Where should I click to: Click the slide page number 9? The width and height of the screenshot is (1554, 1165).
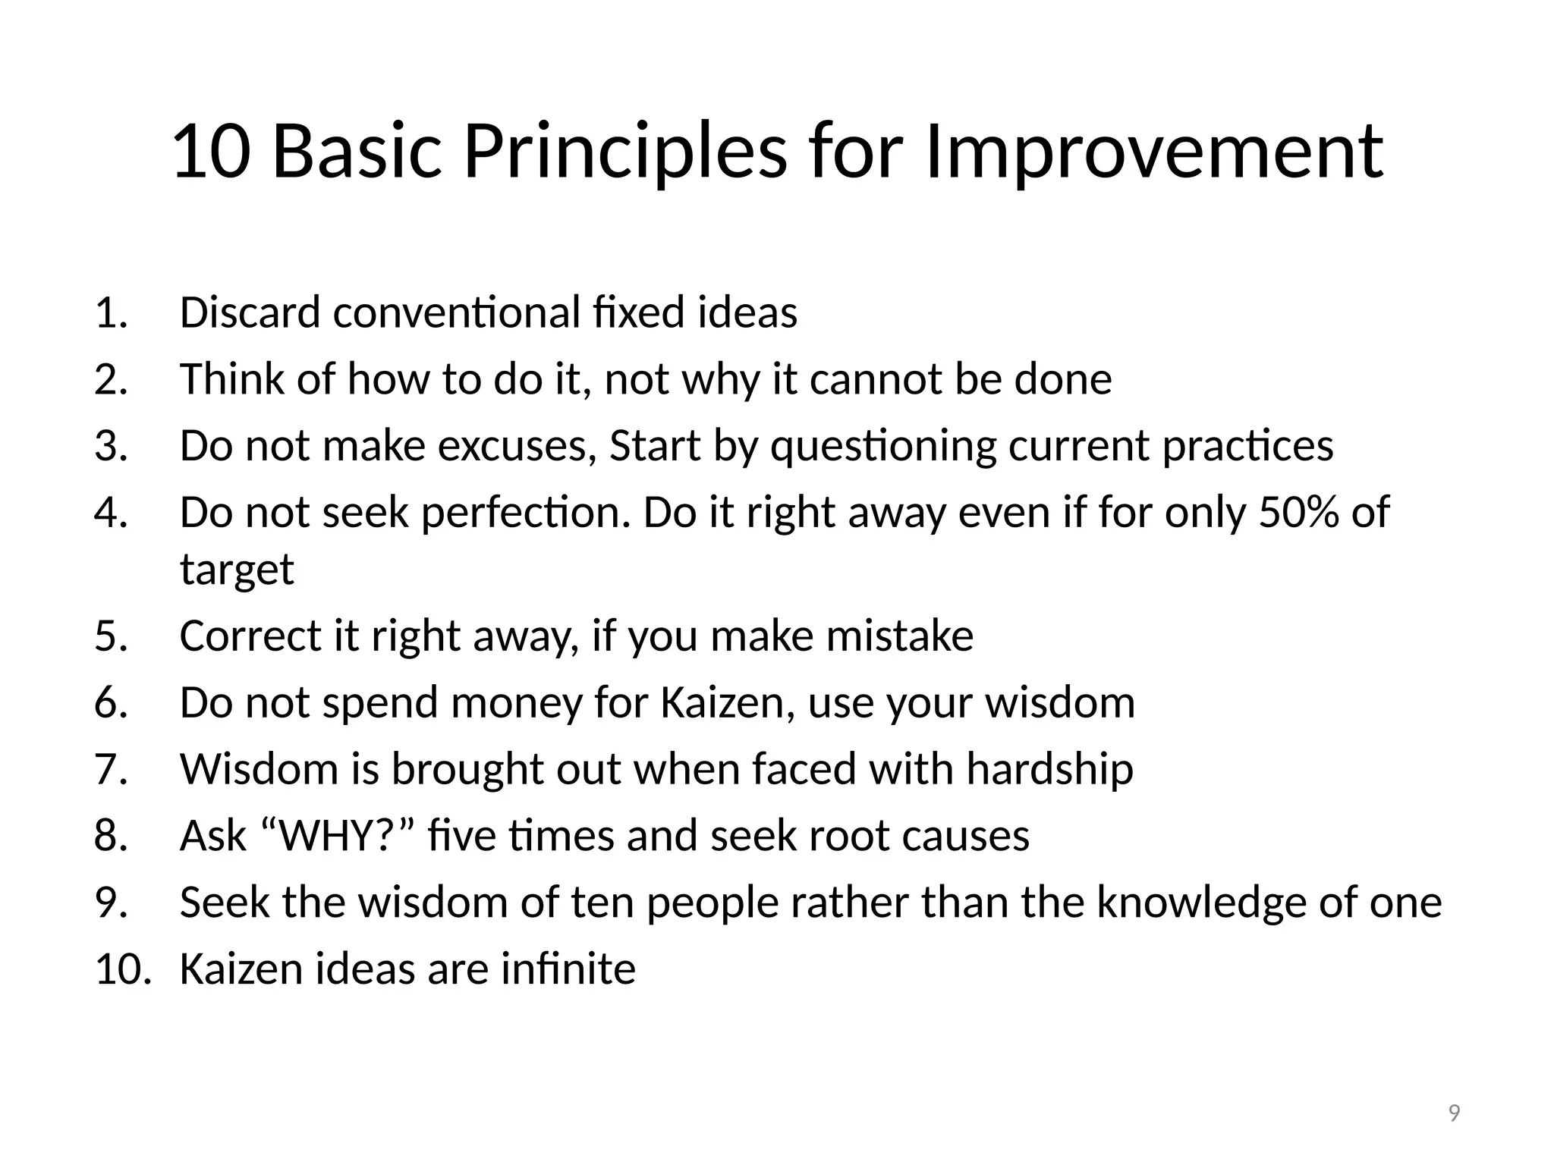click(1454, 1113)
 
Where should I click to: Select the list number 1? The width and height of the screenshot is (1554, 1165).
click(110, 312)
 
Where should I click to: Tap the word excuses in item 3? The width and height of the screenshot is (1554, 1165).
click(517, 446)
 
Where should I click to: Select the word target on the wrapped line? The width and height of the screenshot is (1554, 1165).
click(237, 570)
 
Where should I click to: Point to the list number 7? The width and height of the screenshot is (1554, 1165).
click(110, 769)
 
